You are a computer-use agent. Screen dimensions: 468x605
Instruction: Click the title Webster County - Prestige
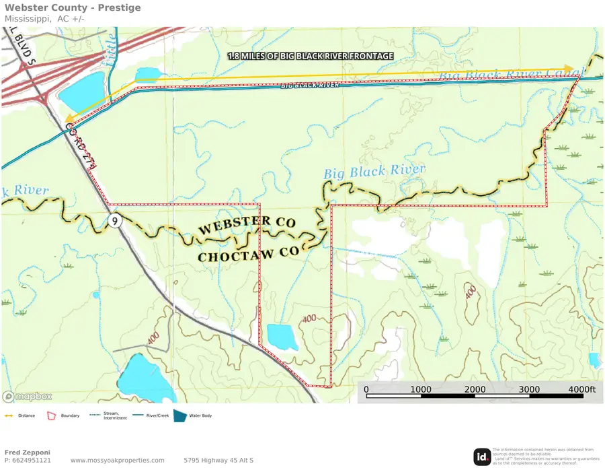tap(73, 8)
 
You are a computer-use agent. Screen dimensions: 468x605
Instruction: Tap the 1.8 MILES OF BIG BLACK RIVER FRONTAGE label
tap(310, 56)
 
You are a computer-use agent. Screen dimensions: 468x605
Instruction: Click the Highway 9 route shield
tap(116, 221)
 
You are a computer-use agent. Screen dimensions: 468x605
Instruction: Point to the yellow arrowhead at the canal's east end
tap(569, 68)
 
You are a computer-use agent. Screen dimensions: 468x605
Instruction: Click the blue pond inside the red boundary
tap(282, 335)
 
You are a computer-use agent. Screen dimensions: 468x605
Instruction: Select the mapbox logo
tap(28, 396)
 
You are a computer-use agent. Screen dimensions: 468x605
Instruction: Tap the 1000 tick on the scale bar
tap(421, 389)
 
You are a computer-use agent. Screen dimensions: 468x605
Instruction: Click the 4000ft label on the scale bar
tap(581, 389)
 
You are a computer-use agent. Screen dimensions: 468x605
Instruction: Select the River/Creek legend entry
tap(155, 415)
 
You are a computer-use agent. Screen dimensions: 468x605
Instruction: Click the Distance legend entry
tap(26, 415)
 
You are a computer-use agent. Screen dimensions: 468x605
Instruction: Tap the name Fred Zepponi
tap(27, 452)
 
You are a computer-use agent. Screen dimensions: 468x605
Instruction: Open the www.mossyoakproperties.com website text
tap(117, 461)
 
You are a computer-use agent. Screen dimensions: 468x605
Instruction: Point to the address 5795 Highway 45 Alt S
tap(218, 461)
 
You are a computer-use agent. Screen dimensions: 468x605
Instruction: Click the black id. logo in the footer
tap(482, 457)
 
